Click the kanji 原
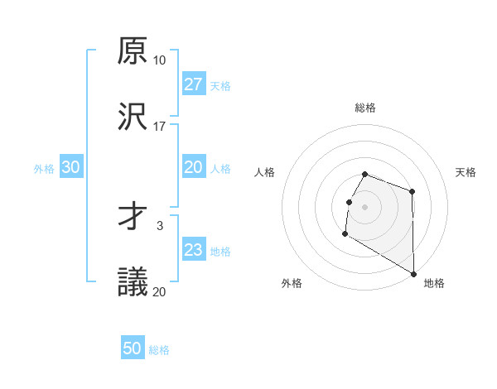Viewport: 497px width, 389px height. pyautogui.click(x=133, y=51)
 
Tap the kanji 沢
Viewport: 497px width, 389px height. pyautogui.click(x=133, y=118)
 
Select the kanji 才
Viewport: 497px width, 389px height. pyautogui.click(x=133, y=217)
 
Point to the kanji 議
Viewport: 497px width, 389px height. pyautogui.click(x=133, y=283)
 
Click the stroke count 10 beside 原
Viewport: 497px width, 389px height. pyautogui.click(x=159, y=60)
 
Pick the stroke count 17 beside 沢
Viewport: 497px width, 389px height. pyautogui.click(x=159, y=127)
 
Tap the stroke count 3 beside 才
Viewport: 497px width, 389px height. pyautogui.click(x=159, y=225)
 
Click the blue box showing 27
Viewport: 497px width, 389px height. pyautogui.click(x=193, y=84)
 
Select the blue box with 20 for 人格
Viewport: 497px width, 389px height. pyautogui.click(x=193, y=167)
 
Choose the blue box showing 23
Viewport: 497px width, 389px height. pyautogui.click(x=193, y=250)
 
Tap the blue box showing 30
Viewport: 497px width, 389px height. pyautogui.click(x=71, y=167)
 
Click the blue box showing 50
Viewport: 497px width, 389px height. pyautogui.click(x=133, y=348)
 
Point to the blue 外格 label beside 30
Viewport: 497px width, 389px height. pyautogui.click(x=44, y=168)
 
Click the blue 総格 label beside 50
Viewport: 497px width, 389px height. pyautogui.click(x=159, y=350)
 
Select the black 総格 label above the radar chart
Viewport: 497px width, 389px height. pyautogui.click(x=365, y=108)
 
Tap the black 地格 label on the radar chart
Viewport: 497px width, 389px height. pyautogui.click(x=434, y=283)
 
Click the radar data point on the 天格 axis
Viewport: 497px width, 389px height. pyautogui.click(x=412, y=192)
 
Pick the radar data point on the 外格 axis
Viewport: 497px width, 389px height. pyautogui.click(x=345, y=234)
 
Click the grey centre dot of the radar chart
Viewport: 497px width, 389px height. pyautogui.click(x=365, y=206)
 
